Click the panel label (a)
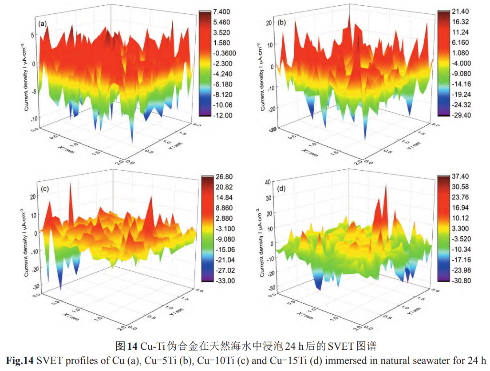[43, 24]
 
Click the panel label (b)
[281, 23]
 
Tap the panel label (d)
[281, 189]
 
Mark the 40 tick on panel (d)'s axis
[267, 181]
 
